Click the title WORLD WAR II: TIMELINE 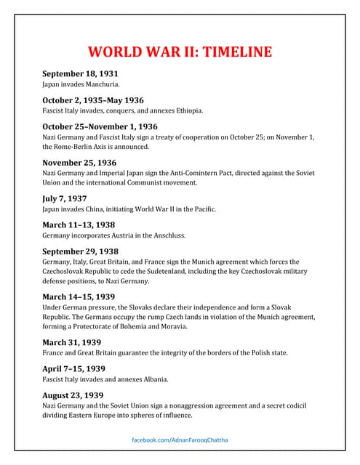[180, 52]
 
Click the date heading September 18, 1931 [80, 73]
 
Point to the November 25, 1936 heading [79, 162]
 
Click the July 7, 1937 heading [65, 198]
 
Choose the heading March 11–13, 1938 [79, 225]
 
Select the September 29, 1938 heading [80, 251]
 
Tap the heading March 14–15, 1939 [79, 296]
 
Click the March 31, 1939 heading [72, 342]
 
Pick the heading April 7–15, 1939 [73, 368]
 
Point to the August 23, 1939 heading [73, 395]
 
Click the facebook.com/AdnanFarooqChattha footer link [180, 441]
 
